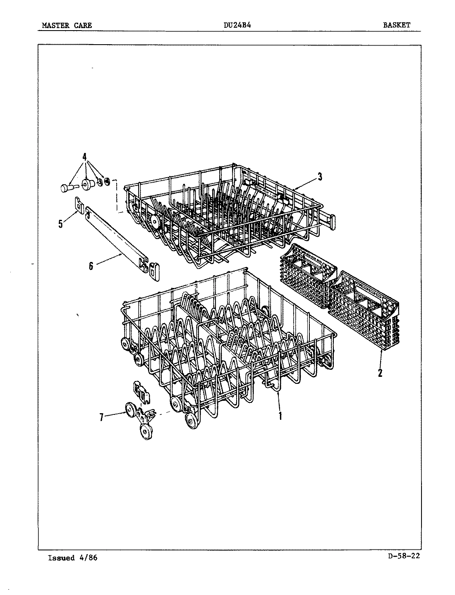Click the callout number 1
coord(280,416)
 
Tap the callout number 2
coord(380,373)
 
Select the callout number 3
coord(320,177)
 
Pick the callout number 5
coord(61,224)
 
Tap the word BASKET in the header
coord(397,25)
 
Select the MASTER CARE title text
coord(67,26)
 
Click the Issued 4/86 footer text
coord(73,558)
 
